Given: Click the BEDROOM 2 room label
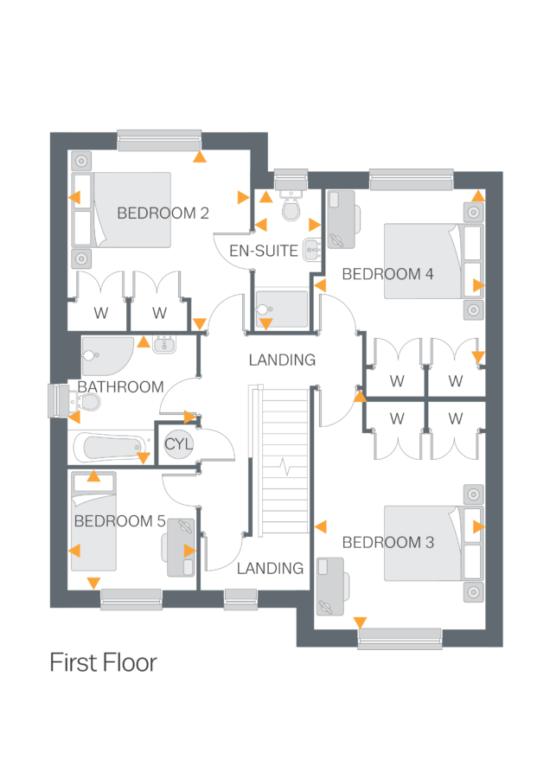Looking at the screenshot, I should pyautogui.click(x=163, y=214).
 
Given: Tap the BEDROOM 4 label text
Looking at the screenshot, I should pyautogui.click(x=387, y=274).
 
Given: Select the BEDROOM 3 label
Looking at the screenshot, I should pyautogui.click(x=387, y=543).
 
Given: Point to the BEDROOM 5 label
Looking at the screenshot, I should pyautogui.click(x=119, y=521).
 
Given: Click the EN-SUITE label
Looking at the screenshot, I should pyautogui.click(x=264, y=252).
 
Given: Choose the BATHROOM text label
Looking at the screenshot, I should pyautogui.click(x=120, y=387).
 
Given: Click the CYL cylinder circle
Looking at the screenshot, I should pyautogui.click(x=179, y=443).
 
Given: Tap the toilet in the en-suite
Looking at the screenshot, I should pyautogui.click(x=291, y=207).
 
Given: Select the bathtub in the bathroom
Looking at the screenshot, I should pyautogui.click(x=110, y=448).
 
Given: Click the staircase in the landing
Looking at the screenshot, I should pyautogui.click(x=283, y=462).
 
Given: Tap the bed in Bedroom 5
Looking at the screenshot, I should pyautogui.click(x=93, y=522).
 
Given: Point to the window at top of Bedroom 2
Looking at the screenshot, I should pyautogui.click(x=159, y=140).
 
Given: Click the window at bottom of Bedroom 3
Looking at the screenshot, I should pyautogui.click(x=400, y=639).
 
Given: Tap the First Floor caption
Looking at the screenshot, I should pyautogui.click(x=103, y=663).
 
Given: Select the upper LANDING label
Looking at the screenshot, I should pyautogui.click(x=282, y=360).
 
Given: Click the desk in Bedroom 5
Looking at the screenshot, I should pyautogui.click(x=180, y=547).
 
